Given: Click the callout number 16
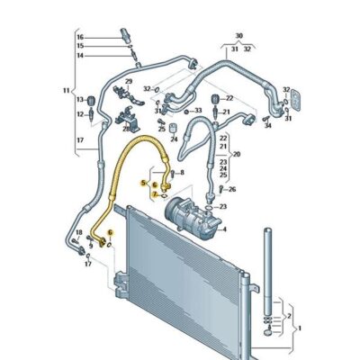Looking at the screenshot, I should coord(78,37).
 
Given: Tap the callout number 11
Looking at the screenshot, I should coord(66,90).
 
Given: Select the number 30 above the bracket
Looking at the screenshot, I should coord(238,36).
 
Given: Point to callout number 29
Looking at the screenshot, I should coord(128,82).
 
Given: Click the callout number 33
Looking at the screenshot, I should coord(197,112).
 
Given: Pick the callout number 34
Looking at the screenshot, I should coord(267,126).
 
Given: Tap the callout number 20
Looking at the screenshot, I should coord(237,155).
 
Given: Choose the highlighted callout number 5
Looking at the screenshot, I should coord(142,183).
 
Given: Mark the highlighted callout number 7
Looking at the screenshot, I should coord(154,193).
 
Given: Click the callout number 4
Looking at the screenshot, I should coord(225,229).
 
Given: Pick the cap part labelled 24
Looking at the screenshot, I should coord(173,127).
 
